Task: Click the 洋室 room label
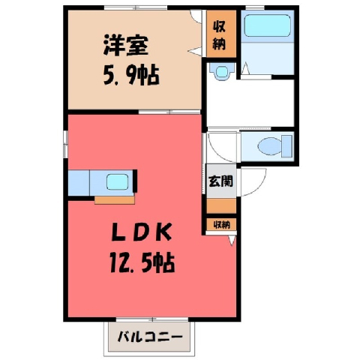126,46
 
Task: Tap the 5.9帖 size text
131,75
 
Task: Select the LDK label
142,232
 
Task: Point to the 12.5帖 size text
142,262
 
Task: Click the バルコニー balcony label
150,337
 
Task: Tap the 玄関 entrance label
221,181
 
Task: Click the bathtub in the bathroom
267,25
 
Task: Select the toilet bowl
269,146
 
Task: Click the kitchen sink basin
118,182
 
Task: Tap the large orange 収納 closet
221,34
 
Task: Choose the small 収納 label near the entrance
222,225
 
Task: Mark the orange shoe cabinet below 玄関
221,206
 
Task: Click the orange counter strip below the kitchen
115,200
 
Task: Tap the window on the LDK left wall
66,144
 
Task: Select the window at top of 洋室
136,7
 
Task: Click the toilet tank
286,146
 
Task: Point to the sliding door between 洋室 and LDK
169,112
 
